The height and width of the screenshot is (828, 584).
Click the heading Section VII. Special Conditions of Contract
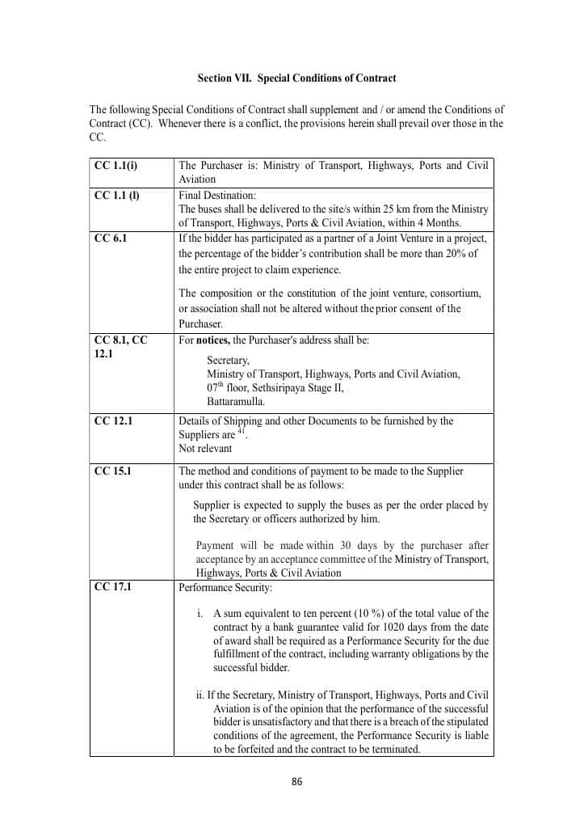click(x=296, y=78)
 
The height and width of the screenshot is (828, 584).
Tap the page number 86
click(x=296, y=781)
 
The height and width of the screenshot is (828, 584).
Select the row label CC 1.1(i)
click(x=116, y=166)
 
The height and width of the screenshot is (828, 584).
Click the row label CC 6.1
click(x=111, y=239)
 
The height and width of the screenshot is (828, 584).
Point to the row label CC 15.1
click(x=113, y=471)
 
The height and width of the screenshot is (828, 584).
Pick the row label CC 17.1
click(x=113, y=587)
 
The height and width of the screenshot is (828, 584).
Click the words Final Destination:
click(x=216, y=195)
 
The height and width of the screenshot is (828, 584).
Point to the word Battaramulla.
click(x=236, y=401)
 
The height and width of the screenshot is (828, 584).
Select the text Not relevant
click(x=205, y=448)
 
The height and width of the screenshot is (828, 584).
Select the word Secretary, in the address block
click(x=228, y=361)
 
